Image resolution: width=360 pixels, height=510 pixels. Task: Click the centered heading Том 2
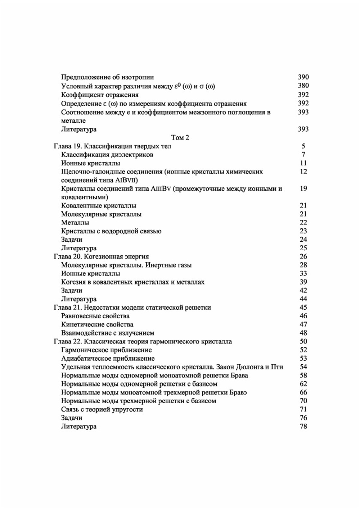(180, 138)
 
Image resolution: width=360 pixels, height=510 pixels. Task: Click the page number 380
(303, 86)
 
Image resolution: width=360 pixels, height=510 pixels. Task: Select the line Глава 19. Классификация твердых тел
(112, 146)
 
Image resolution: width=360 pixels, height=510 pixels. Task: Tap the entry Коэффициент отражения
(100, 95)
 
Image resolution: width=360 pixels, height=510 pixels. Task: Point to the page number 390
(303, 77)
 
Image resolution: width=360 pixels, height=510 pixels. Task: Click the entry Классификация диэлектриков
(107, 155)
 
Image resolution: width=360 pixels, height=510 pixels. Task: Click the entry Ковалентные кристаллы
(99, 206)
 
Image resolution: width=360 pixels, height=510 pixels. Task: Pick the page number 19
(303, 188)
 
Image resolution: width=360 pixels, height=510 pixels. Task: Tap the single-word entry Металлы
(75, 223)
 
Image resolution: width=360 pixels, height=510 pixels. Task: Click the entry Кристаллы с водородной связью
(111, 231)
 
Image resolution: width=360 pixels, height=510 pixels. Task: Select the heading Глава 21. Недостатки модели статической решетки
(132, 308)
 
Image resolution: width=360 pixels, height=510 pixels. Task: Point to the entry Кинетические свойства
(97, 324)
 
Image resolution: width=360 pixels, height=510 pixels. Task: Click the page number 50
(303, 341)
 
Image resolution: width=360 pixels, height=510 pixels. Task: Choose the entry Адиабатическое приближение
(108, 359)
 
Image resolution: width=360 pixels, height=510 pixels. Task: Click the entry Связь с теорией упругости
(102, 410)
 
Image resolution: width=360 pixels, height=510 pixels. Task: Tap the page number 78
(303, 427)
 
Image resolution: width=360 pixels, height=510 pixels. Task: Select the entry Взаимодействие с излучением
(108, 333)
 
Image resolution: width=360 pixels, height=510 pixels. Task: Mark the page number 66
(303, 392)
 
